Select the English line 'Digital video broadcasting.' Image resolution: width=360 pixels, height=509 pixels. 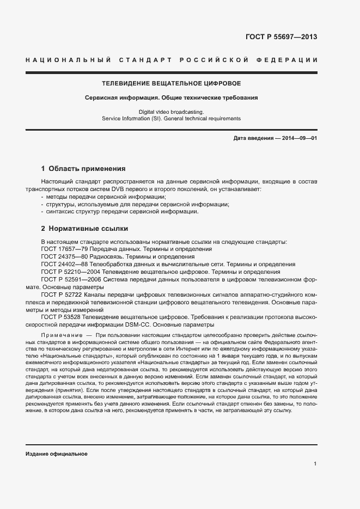(x=171, y=111)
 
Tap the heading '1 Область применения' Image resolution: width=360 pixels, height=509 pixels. (x=83, y=169)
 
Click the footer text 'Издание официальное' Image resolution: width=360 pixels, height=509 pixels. (x=56, y=453)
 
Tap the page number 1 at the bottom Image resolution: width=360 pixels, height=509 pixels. (x=315, y=464)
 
